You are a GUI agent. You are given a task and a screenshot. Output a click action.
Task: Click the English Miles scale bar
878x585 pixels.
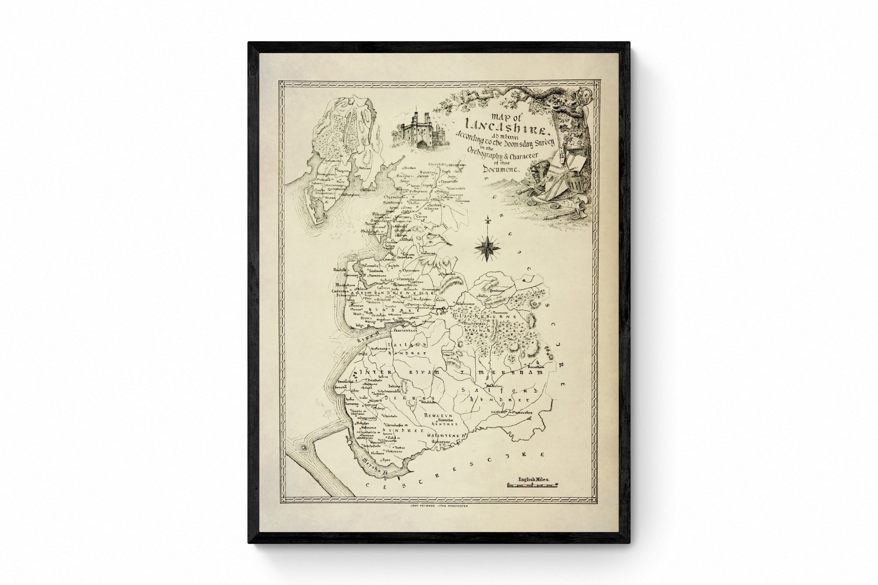pos(533,485)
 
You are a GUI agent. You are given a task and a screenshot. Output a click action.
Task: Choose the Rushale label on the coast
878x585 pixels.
pos(340,269)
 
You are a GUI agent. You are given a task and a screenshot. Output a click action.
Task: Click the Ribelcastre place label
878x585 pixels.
pos(467,303)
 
